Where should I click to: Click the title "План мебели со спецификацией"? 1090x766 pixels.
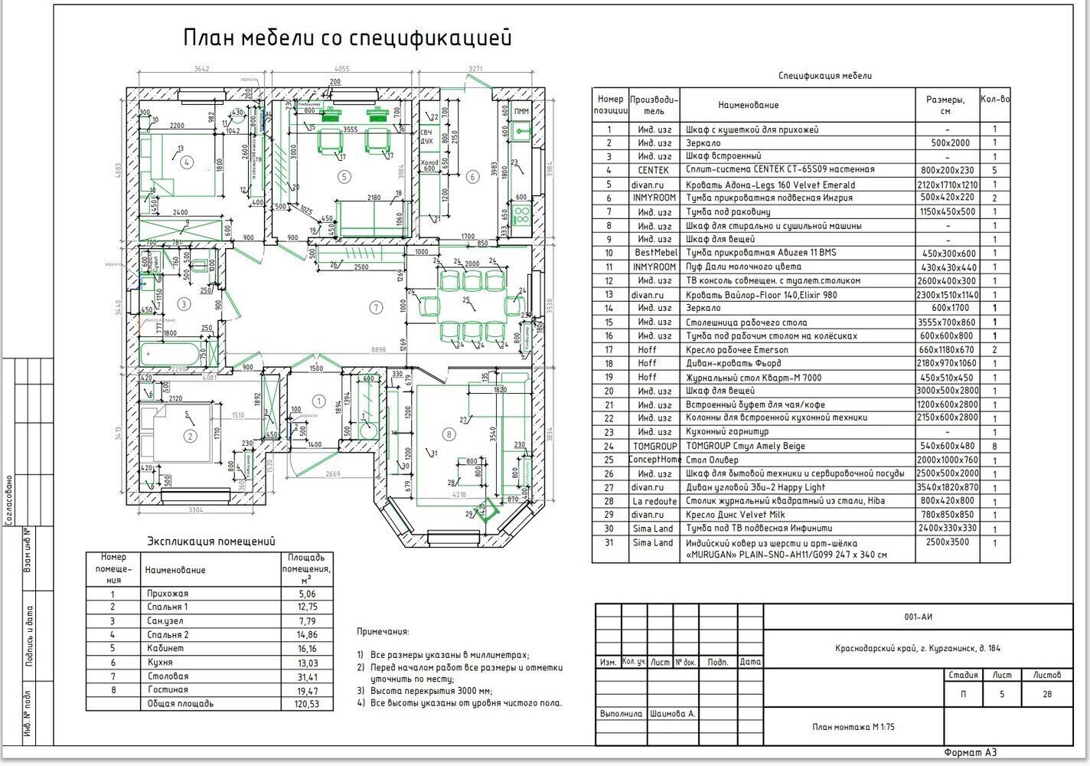[347, 38]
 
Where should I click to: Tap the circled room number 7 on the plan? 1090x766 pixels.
[375, 308]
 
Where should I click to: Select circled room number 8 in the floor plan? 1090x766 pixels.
[449, 434]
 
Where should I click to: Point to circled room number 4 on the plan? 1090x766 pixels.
[185, 162]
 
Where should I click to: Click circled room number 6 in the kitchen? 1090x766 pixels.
[472, 177]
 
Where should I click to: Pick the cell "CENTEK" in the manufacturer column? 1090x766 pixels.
[653, 170]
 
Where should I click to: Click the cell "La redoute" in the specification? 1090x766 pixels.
[653, 501]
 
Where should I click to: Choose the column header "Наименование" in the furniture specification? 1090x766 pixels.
[748, 105]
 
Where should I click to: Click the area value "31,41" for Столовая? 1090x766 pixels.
[306, 677]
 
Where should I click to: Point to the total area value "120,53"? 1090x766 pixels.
[306, 704]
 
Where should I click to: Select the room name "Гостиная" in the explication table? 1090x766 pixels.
[168, 690]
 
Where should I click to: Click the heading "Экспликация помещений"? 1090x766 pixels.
[210, 542]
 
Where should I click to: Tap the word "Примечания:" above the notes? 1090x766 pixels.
[383, 632]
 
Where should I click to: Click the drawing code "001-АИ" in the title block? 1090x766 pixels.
[918, 617]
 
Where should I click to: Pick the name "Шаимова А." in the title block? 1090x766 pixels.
[672, 714]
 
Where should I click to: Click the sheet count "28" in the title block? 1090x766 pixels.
[1047, 695]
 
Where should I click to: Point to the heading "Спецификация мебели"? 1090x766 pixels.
[824, 76]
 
